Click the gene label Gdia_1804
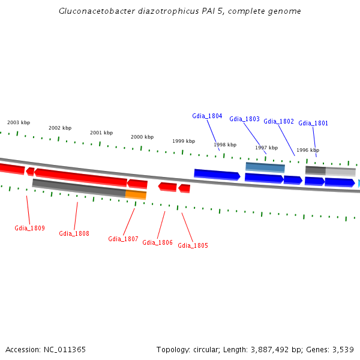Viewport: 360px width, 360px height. [x=207, y=116]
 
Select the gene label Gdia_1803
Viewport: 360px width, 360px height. [x=244, y=119]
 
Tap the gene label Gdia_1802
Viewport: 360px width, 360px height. [x=278, y=121]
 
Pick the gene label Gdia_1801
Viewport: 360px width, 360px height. [x=313, y=123]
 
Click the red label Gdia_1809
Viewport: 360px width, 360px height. [x=29, y=228]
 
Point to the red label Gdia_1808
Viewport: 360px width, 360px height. [x=74, y=233]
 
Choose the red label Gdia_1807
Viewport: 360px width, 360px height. [x=123, y=239]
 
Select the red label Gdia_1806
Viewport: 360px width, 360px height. [x=157, y=242]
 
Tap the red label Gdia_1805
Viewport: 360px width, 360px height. [x=193, y=245]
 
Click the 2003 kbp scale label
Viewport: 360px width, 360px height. [x=19, y=122]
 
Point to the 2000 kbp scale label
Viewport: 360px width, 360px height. [x=142, y=137]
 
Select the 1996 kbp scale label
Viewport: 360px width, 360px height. [x=308, y=150]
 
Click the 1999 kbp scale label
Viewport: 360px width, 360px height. [x=184, y=141]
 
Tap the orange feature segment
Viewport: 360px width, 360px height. [x=136, y=194]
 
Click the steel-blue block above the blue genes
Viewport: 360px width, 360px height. [x=265, y=167]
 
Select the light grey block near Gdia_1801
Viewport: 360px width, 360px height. [x=340, y=172]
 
